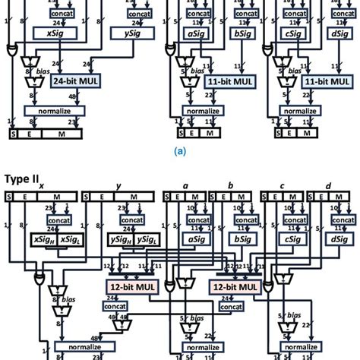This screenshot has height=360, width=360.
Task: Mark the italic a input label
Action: pyautogui.click(x=186, y=186)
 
